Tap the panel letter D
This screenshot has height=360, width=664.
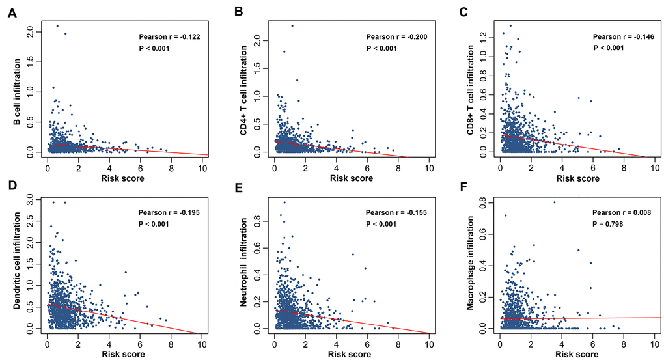[x=11, y=187]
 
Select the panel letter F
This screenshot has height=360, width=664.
[x=463, y=187]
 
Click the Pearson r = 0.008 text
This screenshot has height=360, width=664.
[x=620, y=212]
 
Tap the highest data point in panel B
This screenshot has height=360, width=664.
[x=292, y=25]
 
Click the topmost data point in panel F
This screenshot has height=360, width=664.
[x=554, y=202]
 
